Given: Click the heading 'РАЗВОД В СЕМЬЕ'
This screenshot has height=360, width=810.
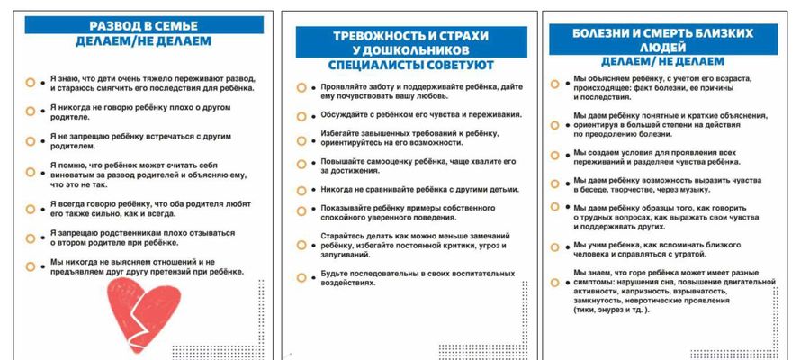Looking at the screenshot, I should tap(144, 24).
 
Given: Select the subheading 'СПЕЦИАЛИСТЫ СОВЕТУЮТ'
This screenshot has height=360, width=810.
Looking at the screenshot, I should tap(405, 65).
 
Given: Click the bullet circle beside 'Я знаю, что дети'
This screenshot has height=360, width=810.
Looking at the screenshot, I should tap(31, 82).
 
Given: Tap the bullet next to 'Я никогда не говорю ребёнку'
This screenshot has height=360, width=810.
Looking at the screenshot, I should tap(31, 112).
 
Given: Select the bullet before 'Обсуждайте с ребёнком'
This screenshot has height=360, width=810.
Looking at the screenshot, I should tap(301, 115).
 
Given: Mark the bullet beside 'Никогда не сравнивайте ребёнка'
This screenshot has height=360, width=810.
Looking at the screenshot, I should tap(301, 191).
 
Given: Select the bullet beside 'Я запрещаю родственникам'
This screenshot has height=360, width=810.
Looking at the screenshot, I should tap(31, 238).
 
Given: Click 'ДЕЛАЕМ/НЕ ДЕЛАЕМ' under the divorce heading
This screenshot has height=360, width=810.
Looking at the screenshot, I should tap(144, 42).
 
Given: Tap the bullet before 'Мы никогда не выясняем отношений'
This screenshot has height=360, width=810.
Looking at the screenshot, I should tap(31, 266).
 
